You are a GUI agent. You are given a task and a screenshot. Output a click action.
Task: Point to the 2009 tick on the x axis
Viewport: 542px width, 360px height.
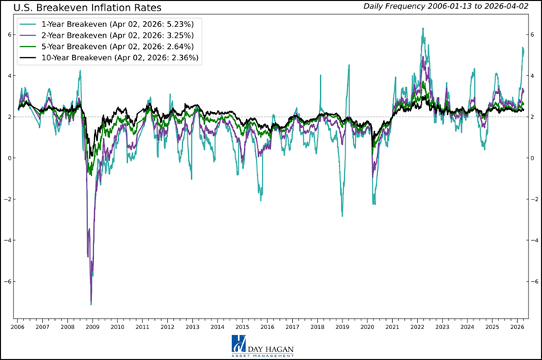pos(92,328)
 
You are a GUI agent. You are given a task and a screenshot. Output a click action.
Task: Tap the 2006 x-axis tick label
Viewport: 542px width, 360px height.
pos(17,328)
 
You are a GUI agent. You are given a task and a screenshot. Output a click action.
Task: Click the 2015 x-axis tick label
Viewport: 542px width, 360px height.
pos(242,328)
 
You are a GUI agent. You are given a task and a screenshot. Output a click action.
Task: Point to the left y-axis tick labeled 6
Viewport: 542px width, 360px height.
pos(8,35)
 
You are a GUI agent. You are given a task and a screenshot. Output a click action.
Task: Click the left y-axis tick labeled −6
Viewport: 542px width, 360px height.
pos(7,282)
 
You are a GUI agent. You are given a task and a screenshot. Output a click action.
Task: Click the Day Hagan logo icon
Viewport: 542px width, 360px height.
pos(239,344)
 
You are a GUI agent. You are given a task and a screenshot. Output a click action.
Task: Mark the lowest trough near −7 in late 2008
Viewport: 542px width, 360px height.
pos(91,304)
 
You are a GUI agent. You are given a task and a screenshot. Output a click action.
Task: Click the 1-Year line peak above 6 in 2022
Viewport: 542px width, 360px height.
pos(423,29)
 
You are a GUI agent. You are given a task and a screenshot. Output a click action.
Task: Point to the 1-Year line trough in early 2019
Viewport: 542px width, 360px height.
pos(342,216)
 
